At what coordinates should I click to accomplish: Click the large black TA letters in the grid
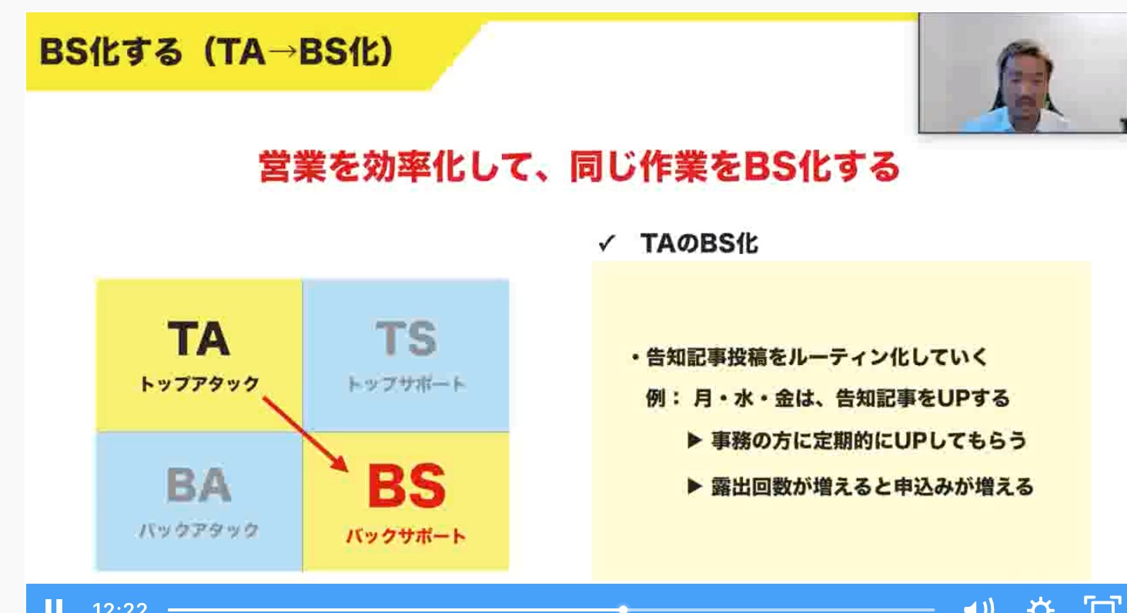(199, 338)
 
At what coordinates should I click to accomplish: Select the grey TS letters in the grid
(406, 338)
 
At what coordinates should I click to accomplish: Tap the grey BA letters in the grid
(199, 485)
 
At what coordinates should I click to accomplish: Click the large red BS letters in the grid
(406, 486)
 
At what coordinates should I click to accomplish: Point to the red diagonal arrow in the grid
(305, 434)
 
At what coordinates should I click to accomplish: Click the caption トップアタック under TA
(199, 384)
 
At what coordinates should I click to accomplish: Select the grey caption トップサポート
(406, 384)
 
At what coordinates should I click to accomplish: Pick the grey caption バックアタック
(199, 530)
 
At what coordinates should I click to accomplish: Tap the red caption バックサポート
(406, 535)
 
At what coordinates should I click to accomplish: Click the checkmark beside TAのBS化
(607, 243)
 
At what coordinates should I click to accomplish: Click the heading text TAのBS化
(699, 243)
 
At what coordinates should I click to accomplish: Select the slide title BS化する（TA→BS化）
(216, 52)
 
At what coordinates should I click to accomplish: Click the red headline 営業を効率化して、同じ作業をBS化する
(579, 166)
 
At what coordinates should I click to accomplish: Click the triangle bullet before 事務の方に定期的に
(694, 440)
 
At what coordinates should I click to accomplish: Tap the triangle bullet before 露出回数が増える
(694, 486)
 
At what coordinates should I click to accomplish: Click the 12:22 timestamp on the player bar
(120, 608)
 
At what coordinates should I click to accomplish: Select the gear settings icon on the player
(1039, 606)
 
